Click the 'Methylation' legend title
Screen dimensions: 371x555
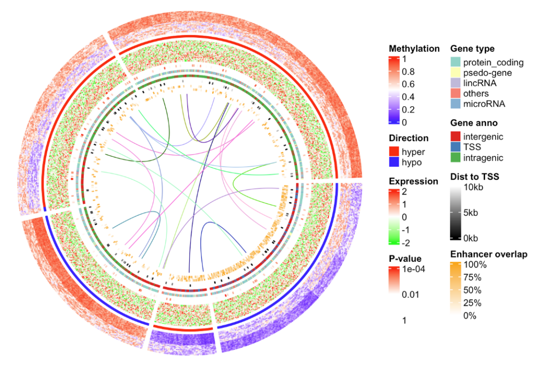pyautogui.click(x=414, y=49)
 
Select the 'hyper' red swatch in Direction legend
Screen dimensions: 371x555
pyautogui.click(x=394, y=152)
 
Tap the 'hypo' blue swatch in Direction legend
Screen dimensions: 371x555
pyautogui.click(x=394, y=162)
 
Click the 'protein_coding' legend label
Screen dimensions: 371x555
pyautogui.click(x=493, y=63)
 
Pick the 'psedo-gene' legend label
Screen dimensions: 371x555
pyautogui.click(x=487, y=73)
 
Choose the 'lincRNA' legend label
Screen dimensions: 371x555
pyautogui.click(x=480, y=83)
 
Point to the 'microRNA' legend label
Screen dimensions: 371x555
pyautogui.click(x=484, y=104)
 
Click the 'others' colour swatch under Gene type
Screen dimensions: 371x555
pyautogui.click(x=456, y=93)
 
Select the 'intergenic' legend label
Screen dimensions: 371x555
pyautogui.click(x=483, y=137)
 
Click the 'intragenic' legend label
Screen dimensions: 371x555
pyautogui.click(x=483, y=158)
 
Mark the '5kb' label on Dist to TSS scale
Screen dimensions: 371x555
pyautogui.click(x=471, y=212)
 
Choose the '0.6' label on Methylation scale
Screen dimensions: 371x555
pyautogui.click(x=409, y=84)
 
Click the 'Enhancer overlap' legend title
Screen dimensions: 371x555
pyautogui.click(x=489, y=254)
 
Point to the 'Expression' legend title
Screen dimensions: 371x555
pyautogui.click(x=414, y=181)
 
